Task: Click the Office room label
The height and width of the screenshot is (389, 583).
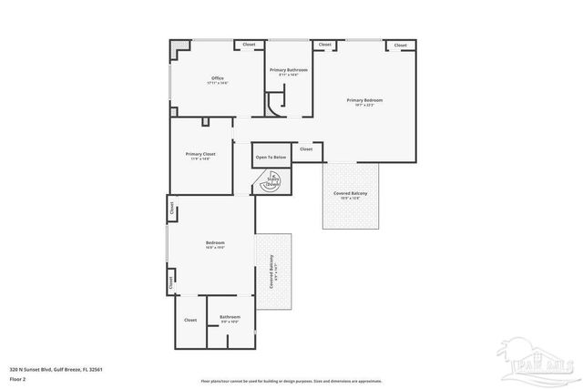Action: [218, 79]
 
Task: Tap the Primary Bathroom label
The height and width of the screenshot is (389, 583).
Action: [288, 70]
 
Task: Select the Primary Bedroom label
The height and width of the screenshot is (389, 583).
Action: [364, 99]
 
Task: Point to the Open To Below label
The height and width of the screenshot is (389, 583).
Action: [271, 158]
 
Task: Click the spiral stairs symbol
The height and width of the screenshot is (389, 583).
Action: [271, 182]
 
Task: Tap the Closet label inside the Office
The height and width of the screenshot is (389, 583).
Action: [249, 45]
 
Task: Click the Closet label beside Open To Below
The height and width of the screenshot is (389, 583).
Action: [306, 148]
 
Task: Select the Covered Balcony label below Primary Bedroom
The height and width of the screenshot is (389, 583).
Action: [351, 192]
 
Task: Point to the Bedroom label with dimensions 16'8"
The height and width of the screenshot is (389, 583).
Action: [215, 242]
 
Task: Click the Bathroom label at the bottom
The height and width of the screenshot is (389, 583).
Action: [230, 317]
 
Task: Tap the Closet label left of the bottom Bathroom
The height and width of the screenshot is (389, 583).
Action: [190, 320]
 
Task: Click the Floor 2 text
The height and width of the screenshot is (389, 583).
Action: [18, 378]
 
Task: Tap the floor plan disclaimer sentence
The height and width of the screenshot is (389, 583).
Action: [291, 381]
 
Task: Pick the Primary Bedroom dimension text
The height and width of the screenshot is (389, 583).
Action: [364, 105]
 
